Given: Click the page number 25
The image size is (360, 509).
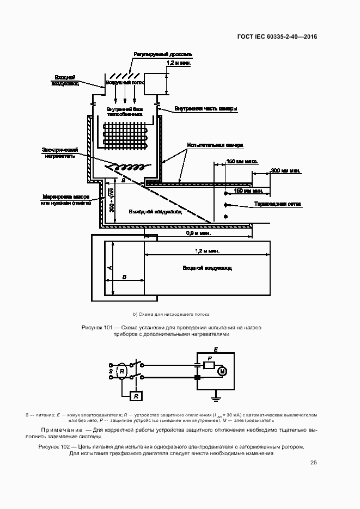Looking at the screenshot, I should [x=313, y=463].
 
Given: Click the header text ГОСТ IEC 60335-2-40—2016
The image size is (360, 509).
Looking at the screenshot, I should [x=277, y=37].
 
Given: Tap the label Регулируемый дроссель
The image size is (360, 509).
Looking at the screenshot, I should [x=162, y=55].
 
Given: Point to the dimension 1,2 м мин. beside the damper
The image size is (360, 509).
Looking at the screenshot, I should [x=179, y=63].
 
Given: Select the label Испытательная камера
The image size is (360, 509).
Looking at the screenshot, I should [x=215, y=145].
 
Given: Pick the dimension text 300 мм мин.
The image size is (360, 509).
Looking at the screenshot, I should [x=286, y=171].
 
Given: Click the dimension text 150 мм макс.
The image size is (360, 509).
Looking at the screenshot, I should [x=242, y=162].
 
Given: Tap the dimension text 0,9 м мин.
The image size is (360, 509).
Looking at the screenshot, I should [x=199, y=233].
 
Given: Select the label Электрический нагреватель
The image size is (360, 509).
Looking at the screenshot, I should [x=61, y=152].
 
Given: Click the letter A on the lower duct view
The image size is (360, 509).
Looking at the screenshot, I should [x=109, y=268].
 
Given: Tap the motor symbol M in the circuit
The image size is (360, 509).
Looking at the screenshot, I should [x=222, y=371].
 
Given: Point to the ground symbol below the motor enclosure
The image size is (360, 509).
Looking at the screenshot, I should [x=217, y=398].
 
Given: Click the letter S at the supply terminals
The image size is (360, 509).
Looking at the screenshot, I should [x=111, y=371].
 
